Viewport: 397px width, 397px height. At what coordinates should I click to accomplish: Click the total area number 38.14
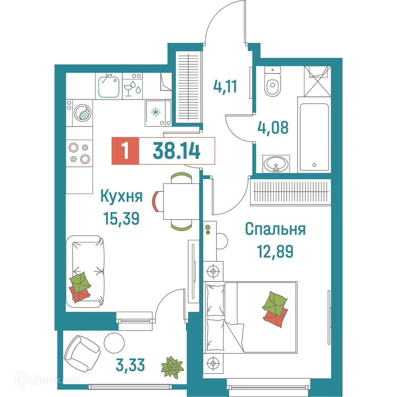176,151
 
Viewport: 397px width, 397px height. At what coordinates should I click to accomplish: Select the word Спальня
275,229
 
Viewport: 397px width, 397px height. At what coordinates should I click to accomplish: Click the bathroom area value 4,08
272,128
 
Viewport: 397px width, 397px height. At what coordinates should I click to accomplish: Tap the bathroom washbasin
276,163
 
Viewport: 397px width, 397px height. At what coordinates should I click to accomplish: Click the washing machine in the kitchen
83,112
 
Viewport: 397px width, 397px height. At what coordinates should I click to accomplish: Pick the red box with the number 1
126,151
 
